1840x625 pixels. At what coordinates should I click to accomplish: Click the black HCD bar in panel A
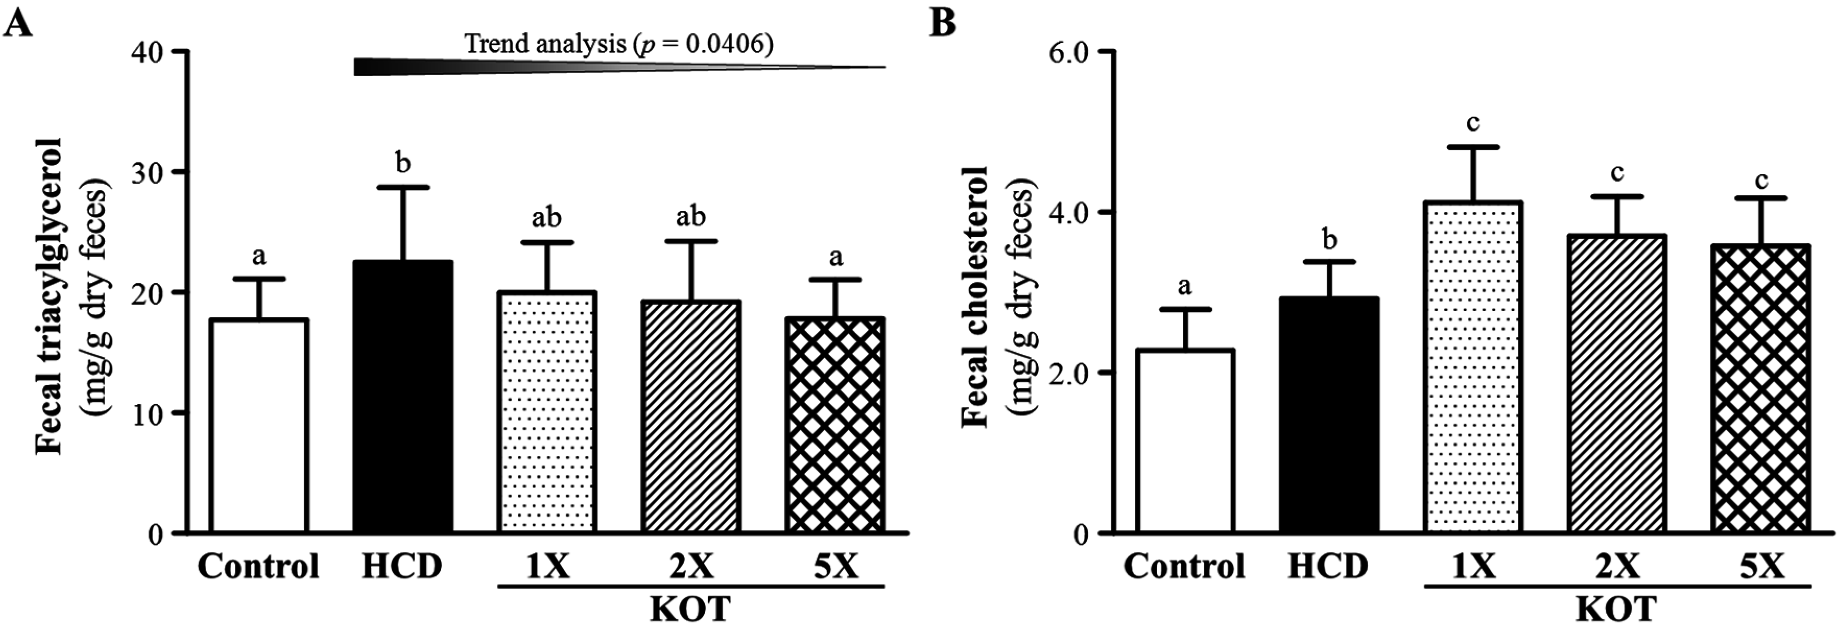[x=403, y=396]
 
